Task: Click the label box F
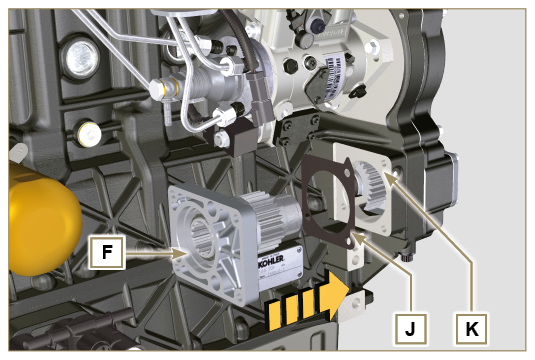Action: tap(106, 252)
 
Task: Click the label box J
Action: tap(409, 325)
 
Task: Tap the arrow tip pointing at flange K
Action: tap(396, 177)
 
